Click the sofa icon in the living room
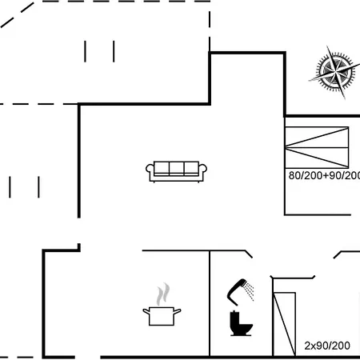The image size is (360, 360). [176, 172]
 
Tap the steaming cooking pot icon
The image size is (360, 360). [162, 305]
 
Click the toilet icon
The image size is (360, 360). [241, 323]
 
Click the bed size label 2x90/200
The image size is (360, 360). [327, 346]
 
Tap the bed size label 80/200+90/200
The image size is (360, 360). [324, 175]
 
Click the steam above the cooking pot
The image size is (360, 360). [163, 294]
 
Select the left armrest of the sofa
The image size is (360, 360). [150, 170]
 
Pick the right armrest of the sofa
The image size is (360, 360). [202, 170]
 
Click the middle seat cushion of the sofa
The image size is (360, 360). [176, 168]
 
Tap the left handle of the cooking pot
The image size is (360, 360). [146, 311]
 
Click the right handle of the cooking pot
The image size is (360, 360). [178, 311]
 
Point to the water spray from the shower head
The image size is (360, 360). [250, 291]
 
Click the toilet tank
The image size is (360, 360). [234, 318]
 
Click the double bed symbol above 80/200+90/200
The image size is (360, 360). [317, 147]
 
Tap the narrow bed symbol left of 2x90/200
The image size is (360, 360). [285, 324]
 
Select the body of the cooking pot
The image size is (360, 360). [162, 316]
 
